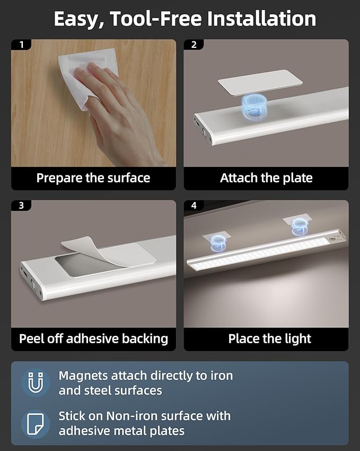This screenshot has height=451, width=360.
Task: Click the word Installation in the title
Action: (261, 19)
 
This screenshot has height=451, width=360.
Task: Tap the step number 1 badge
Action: (21, 45)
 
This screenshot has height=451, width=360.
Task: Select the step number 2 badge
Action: (194, 45)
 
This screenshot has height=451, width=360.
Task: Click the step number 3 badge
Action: (21, 206)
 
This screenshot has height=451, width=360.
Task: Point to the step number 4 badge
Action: (194, 206)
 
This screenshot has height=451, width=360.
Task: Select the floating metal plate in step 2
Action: (260, 82)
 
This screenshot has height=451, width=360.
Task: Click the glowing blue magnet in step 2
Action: (254, 106)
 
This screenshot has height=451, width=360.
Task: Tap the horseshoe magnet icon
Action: (36, 382)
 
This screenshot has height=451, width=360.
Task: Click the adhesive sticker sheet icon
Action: (36, 424)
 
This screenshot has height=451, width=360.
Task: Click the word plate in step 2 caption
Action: (297, 178)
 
